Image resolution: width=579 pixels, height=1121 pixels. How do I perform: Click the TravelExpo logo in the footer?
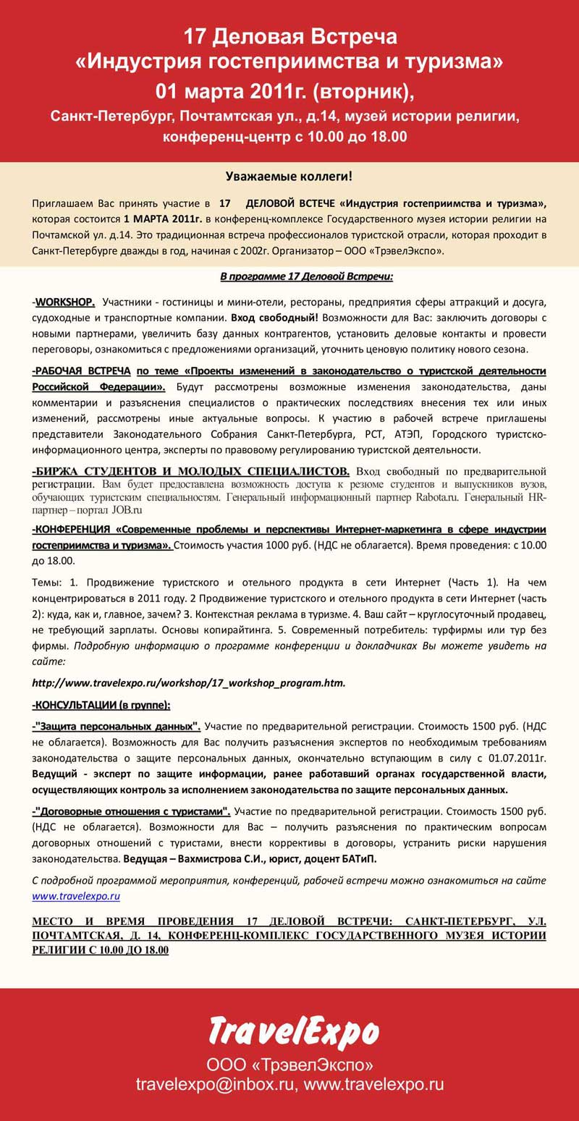point(294,1032)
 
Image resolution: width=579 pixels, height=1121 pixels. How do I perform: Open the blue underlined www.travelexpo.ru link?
point(76,896)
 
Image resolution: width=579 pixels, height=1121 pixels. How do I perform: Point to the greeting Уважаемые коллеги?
point(289,176)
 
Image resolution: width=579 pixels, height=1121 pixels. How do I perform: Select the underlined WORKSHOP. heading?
point(64,301)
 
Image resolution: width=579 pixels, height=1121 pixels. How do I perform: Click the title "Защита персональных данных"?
point(118,726)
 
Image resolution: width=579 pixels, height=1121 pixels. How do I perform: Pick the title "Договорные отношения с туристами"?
point(132,811)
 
